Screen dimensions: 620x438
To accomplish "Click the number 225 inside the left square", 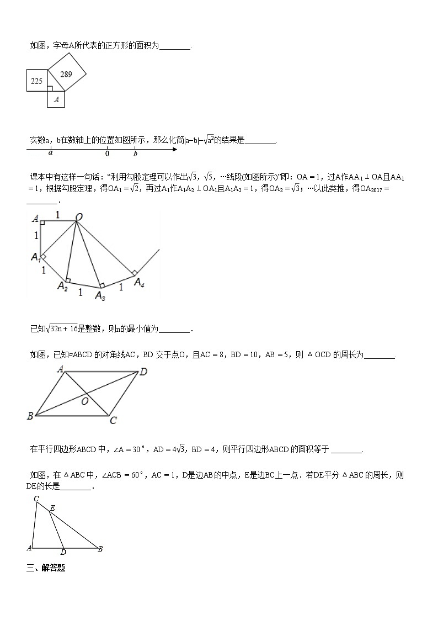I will coord(37,81).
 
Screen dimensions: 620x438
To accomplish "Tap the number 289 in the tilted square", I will coord(66,73).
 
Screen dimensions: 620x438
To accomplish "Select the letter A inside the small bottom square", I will coord(56,100).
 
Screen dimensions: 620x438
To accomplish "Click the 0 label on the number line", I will coord(107,155).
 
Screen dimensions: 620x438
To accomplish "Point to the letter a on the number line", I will coord(51,154).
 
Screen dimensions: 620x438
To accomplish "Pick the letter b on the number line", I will coord(135,154).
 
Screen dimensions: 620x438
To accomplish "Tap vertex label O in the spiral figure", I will coord(79,218).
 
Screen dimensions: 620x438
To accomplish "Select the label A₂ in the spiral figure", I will coord(62,286).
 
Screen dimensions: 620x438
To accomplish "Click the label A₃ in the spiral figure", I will coord(100,296).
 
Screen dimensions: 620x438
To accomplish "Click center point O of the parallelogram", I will coord(85,401).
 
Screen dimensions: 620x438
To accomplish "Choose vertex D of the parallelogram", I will coord(143,372).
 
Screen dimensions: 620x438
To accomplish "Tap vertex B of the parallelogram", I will coord(30,416).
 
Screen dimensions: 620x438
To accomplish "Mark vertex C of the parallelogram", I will coord(113,421).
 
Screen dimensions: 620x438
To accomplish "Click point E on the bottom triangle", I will coord(52,507).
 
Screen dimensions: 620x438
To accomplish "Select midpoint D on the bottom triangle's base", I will coord(63,552).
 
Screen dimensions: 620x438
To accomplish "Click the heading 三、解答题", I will coord(46,568).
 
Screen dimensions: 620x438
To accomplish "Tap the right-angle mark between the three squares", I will coord(50,88).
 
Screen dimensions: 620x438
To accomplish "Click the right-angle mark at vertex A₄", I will coord(133,273).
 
